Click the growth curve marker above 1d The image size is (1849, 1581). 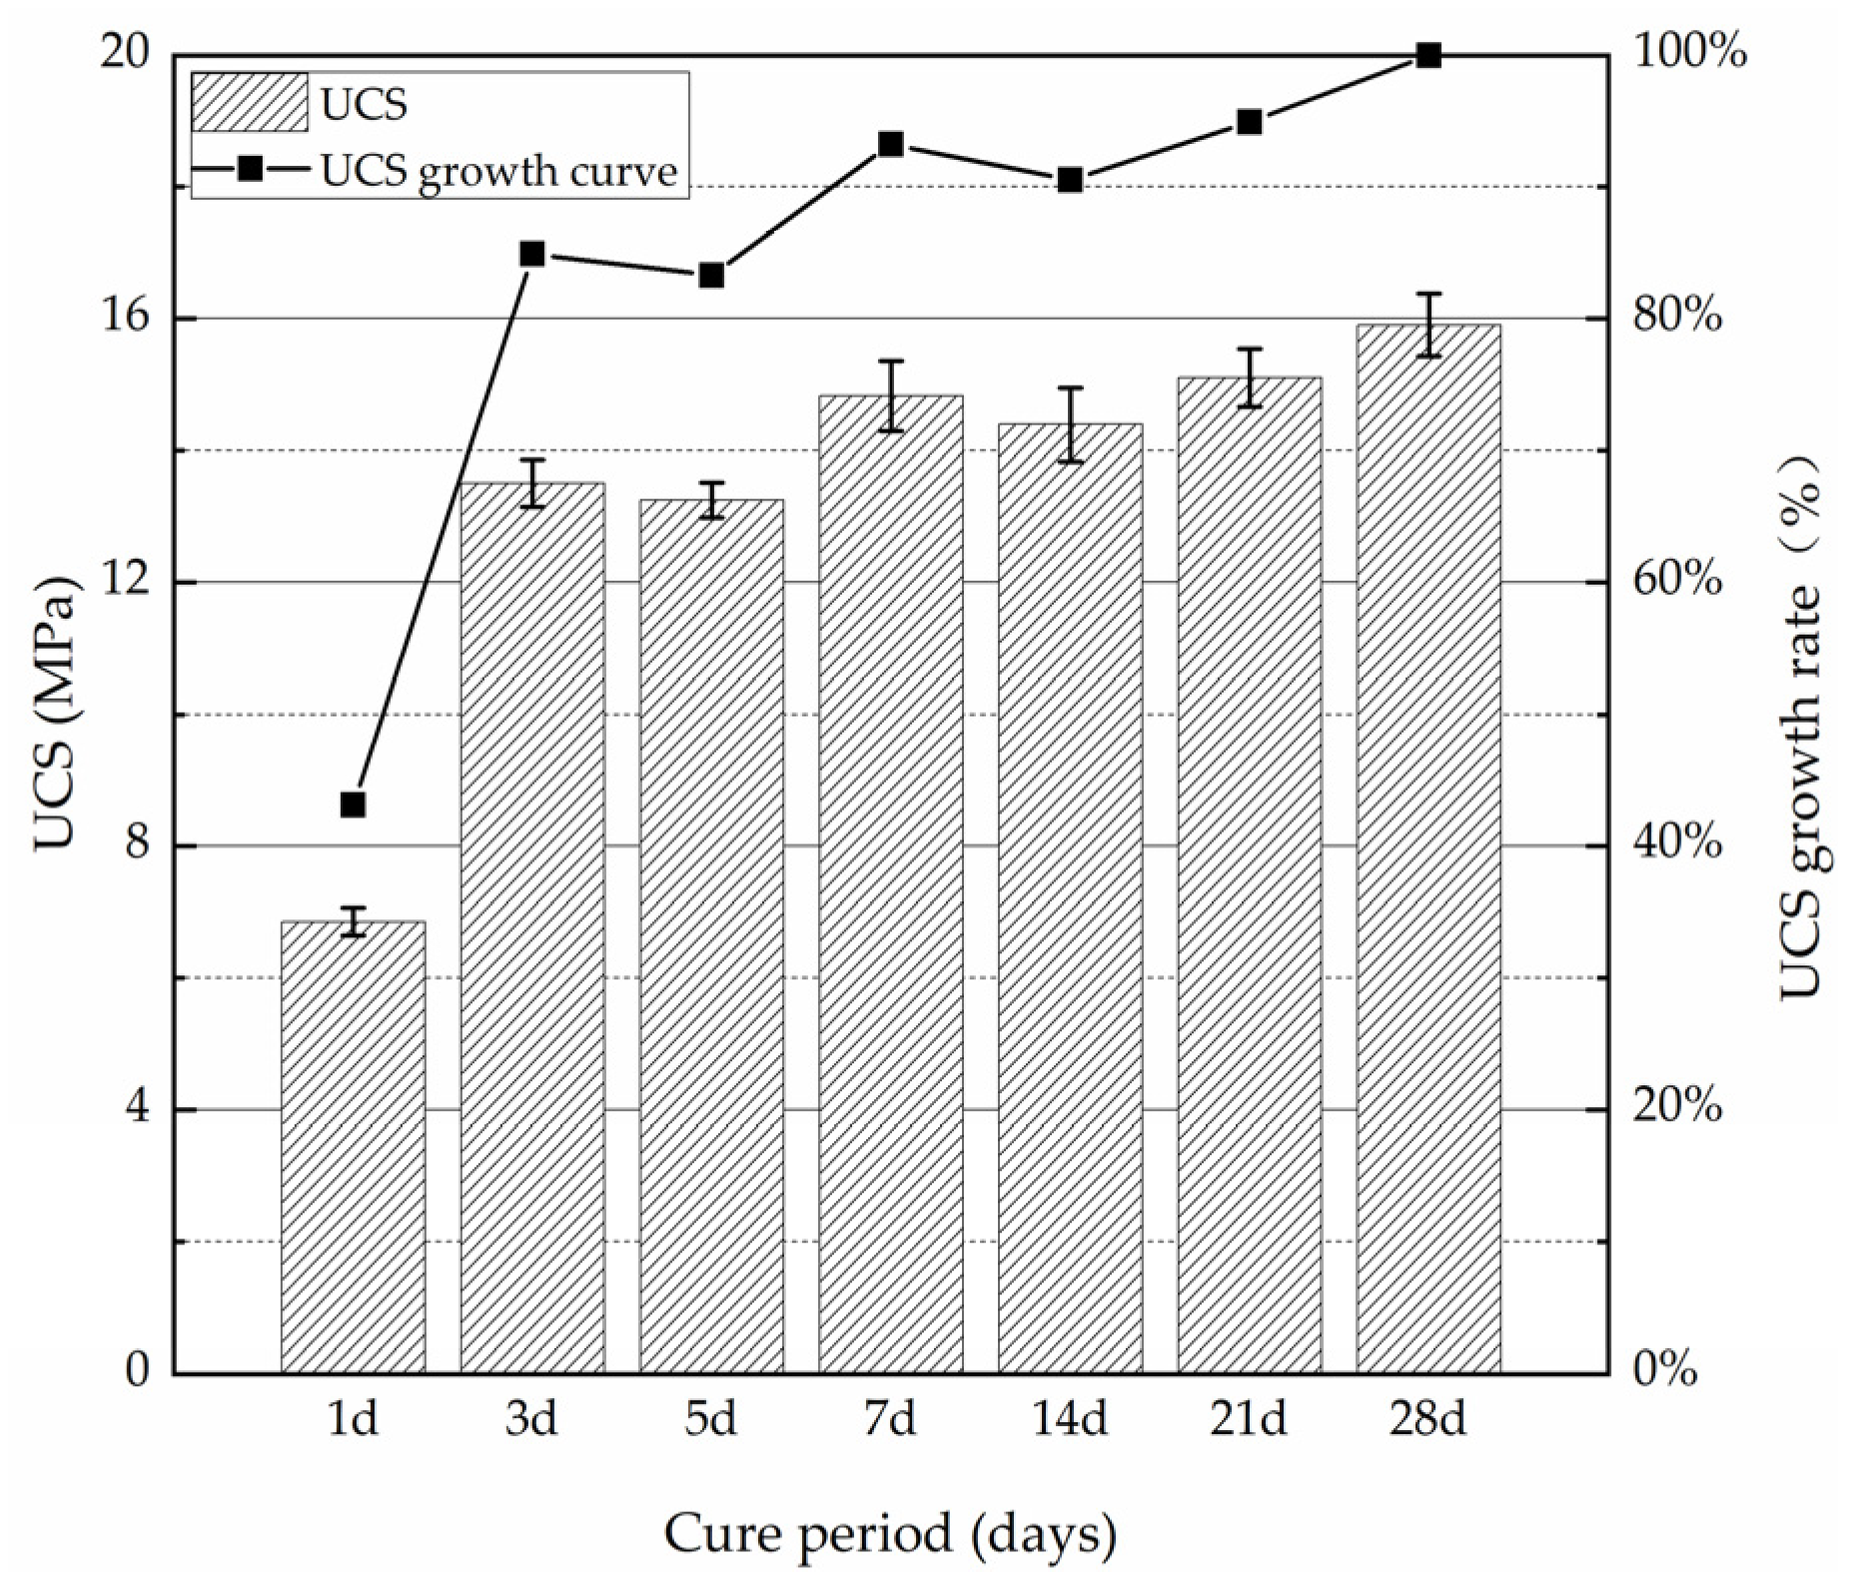[353, 804]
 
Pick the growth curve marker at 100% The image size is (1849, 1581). [1428, 55]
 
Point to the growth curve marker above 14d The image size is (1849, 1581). [1070, 180]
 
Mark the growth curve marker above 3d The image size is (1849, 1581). [532, 254]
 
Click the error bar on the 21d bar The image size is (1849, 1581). [1249, 378]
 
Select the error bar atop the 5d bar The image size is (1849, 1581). [711, 500]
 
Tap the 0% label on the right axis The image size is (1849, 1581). [1664, 1371]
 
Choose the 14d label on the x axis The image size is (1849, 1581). [1069, 1419]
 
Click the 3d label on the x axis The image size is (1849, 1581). [531, 1419]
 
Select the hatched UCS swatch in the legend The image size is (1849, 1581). [249, 103]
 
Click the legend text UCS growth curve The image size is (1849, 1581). [498, 170]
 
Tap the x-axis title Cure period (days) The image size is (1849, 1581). [890, 1535]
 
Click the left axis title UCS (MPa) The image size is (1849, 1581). [56, 714]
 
